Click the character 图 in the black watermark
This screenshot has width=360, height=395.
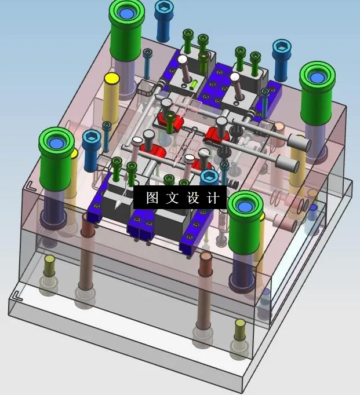[152, 197]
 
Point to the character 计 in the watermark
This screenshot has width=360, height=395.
[213, 197]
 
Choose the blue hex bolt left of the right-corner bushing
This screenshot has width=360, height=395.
[282, 51]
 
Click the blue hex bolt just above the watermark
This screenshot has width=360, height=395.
[209, 177]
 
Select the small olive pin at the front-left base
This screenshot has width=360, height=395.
[50, 266]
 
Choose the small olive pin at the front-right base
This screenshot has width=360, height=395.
[239, 331]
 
